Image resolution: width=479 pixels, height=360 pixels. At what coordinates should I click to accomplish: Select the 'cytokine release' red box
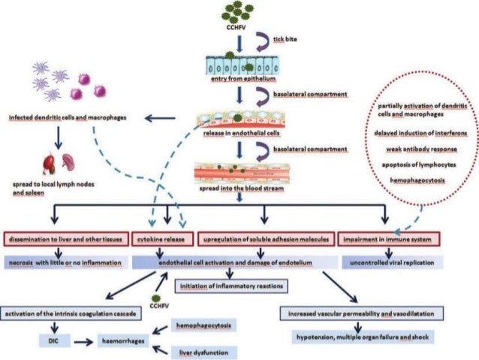pyautogui.click(x=162, y=240)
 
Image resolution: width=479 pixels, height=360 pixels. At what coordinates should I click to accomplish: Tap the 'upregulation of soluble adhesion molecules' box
pyautogui.click(x=265, y=240)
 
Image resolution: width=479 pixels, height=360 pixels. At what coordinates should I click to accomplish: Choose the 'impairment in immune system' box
pyautogui.click(x=385, y=240)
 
